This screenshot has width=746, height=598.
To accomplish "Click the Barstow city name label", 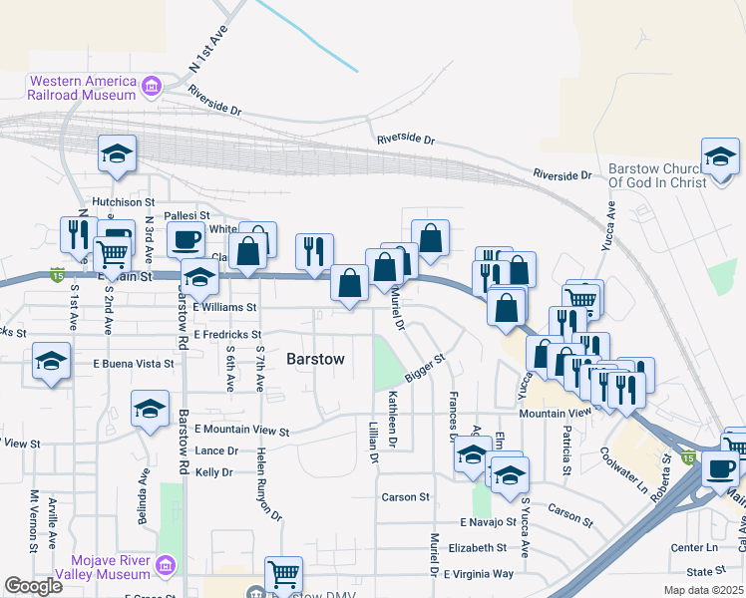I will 315,359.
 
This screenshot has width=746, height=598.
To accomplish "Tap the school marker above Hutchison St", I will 117,155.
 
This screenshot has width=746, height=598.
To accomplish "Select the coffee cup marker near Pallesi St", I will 186,238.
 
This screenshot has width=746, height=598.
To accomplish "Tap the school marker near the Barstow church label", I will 719,157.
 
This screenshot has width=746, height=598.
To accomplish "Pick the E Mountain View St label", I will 241,431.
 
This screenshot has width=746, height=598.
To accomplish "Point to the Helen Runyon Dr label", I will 268,482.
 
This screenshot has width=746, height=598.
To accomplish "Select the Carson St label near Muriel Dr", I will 405,496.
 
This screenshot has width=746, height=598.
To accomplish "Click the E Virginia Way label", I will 479,574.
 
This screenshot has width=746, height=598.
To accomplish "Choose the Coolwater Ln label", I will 624,464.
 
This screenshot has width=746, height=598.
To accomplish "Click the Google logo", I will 33,586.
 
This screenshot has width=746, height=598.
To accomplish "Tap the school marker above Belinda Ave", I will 150,409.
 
